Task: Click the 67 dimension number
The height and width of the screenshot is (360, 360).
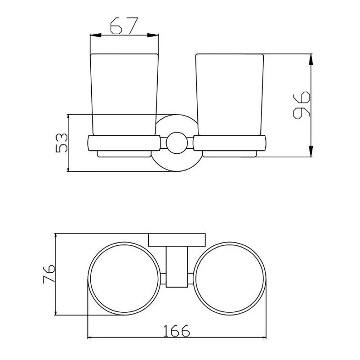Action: pyautogui.click(x=124, y=26)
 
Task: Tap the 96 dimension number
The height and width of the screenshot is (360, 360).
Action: pyautogui.click(x=302, y=105)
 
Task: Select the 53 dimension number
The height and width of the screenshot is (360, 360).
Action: pyautogui.click(x=62, y=143)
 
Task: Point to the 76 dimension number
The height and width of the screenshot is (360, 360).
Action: pyautogui.click(x=49, y=274)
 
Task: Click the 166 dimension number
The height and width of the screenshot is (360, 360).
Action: pyautogui.click(x=177, y=331)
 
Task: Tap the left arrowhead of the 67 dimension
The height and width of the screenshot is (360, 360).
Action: pyautogui.click(x=96, y=35)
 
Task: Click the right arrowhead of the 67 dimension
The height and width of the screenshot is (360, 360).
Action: pyautogui.click(x=153, y=35)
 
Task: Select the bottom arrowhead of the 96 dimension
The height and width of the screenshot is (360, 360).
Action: pyautogui.click(x=311, y=151)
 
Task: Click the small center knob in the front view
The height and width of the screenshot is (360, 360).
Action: pyautogui.click(x=177, y=143)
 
